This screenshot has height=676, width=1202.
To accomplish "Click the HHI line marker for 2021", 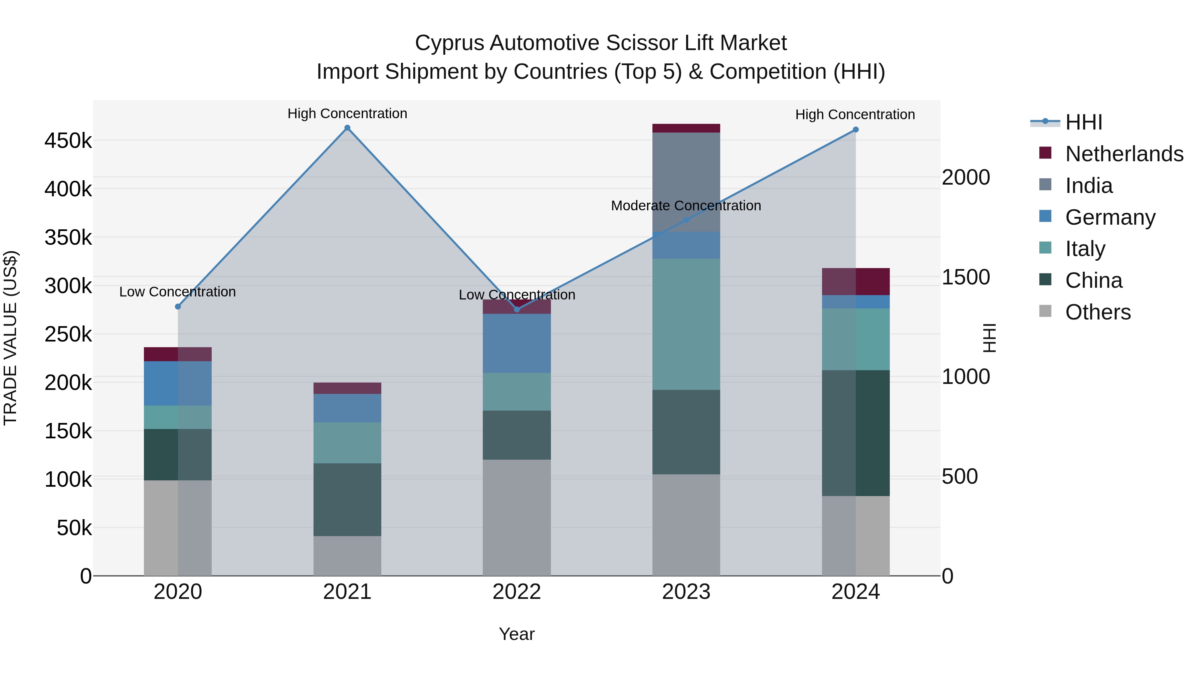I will click(x=347, y=128).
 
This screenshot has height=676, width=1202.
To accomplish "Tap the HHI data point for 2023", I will click(x=686, y=220).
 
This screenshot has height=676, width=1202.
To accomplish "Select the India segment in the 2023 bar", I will click(x=686, y=182).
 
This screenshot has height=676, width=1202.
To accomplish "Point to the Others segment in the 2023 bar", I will click(x=686, y=525).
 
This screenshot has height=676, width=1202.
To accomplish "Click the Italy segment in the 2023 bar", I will click(x=686, y=324).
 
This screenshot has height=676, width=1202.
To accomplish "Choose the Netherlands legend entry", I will click(x=1124, y=154).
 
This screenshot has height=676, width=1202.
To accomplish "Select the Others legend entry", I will click(x=1097, y=312).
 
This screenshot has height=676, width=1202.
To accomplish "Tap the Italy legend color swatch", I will click(x=1045, y=248).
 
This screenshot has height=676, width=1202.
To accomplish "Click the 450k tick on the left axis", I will click(x=68, y=141).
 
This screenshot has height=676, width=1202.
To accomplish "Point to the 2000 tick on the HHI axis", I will click(x=965, y=177).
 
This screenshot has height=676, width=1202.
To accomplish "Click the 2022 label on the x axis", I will click(x=517, y=592).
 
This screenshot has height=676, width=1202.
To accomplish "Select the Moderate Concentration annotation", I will click(x=685, y=206).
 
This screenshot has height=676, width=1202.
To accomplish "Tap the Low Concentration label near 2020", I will click(x=177, y=292).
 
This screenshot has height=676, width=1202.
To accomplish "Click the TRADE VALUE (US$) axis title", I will click(x=10, y=338).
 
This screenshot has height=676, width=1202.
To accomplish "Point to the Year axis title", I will click(x=517, y=634).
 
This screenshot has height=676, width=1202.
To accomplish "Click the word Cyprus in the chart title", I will click(x=449, y=43).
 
